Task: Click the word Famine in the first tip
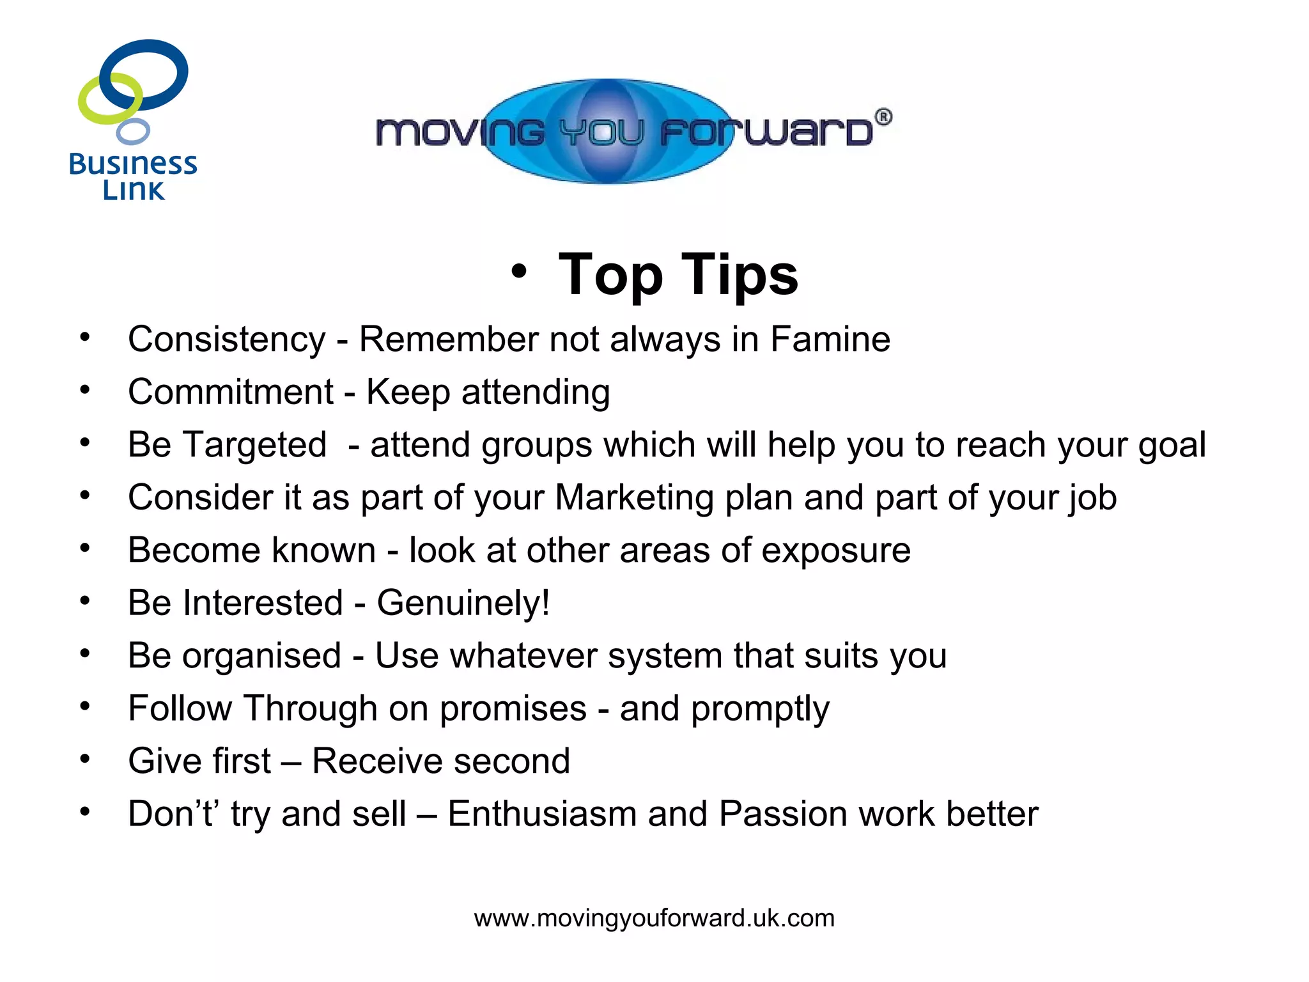click(830, 339)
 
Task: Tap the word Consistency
click(226, 340)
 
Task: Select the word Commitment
click(230, 391)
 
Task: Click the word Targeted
click(254, 445)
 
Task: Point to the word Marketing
click(634, 498)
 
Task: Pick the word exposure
click(835, 551)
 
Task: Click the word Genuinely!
click(463, 604)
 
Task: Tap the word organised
click(261, 657)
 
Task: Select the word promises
click(513, 709)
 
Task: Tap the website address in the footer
click(654, 918)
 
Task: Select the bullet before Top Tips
click(519, 271)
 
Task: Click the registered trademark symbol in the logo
click(883, 117)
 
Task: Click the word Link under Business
click(134, 190)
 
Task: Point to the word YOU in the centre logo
click(601, 132)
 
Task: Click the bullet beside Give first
click(85, 759)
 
